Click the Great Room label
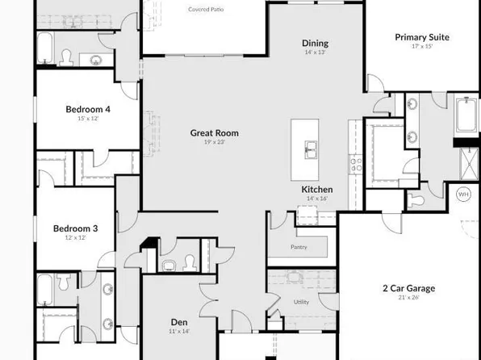[x=214, y=133]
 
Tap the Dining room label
[x=315, y=43]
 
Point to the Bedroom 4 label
[x=87, y=109]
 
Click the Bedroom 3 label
[x=75, y=229]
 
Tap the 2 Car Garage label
[x=408, y=288]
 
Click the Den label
[x=178, y=322]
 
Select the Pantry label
[x=298, y=247]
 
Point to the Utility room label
[x=301, y=302]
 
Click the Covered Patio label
[x=206, y=10]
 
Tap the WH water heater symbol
[x=463, y=195]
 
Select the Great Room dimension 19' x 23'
[x=214, y=142]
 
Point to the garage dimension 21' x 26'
[x=408, y=297]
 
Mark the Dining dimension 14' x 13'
[x=315, y=52]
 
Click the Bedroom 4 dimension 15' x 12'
[x=87, y=118]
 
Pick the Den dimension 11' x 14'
[x=178, y=331]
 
